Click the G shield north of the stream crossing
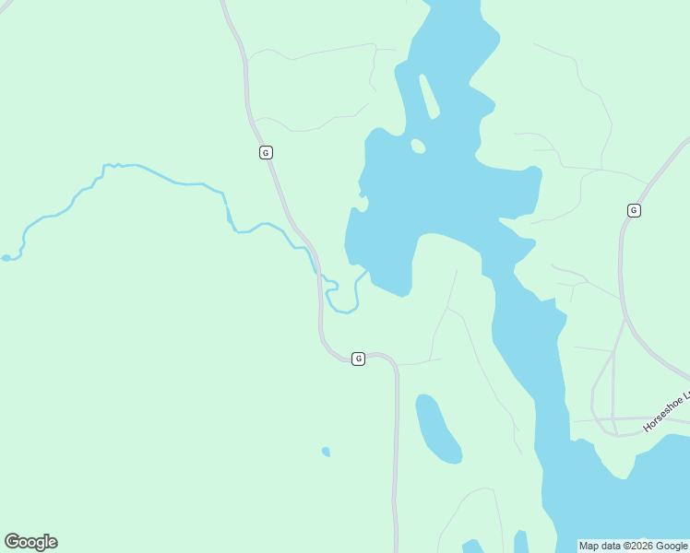pyautogui.click(x=266, y=152)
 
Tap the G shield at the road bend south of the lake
pyautogui.click(x=358, y=358)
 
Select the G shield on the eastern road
pyautogui.click(x=633, y=210)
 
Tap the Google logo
pyautogui.click(x=30, y=542)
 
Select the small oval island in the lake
pyautogui.click(x=418, y=146)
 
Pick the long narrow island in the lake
pyautogui.click(x=429, y=97)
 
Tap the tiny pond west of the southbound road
pyautogui.click(x=326, y=452)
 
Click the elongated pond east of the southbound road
pyautogui.click(x=436, y=429)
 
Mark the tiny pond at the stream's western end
pyautogui.click(x=6, y=258)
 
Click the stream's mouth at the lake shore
pyautogui.click(x=368, y=271)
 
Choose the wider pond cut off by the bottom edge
pyautogui.click(x=472, y=547)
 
